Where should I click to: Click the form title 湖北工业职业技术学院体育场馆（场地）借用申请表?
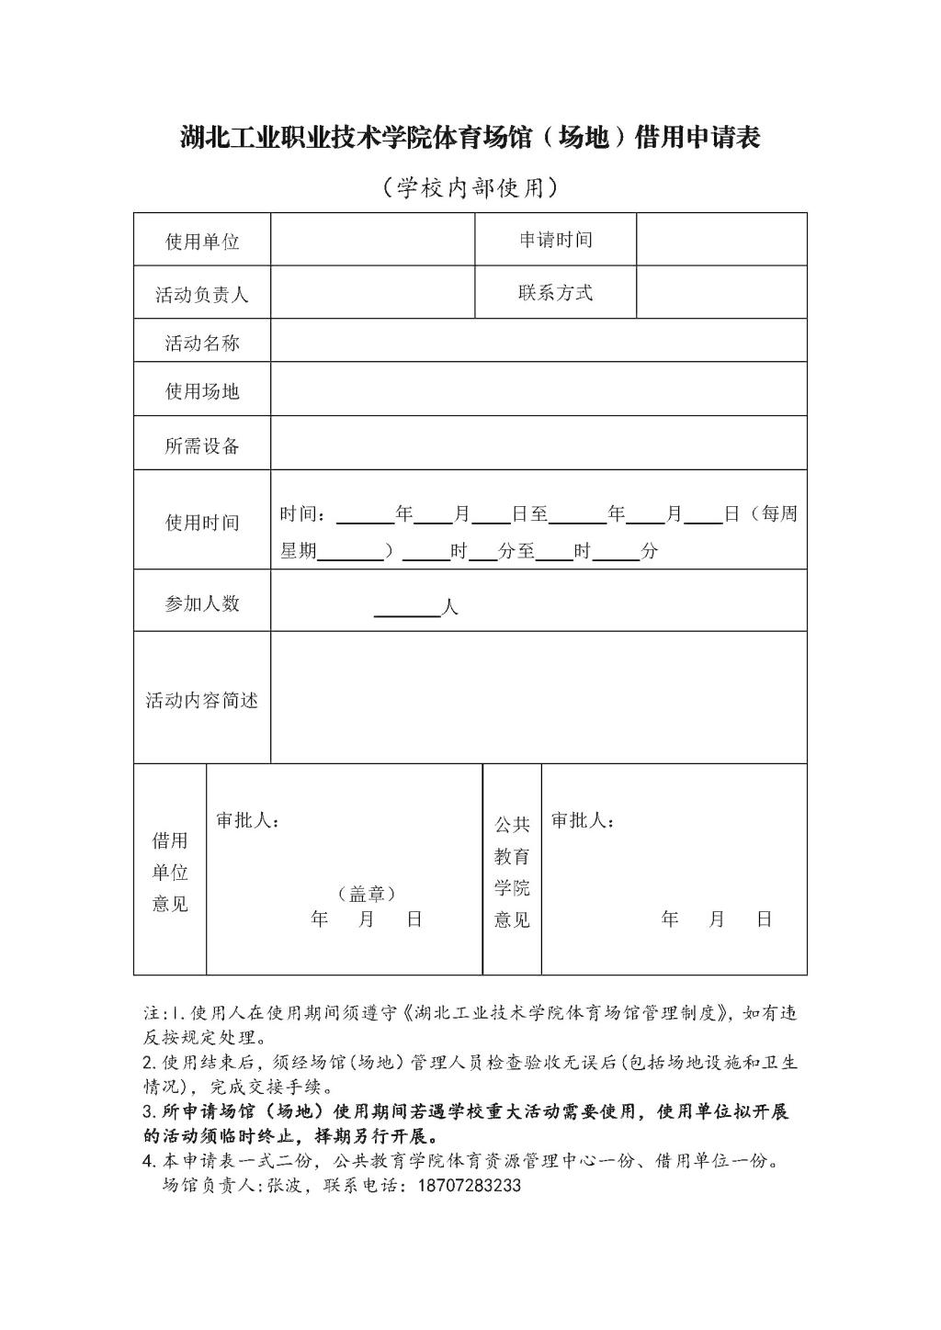(x=470, y=139)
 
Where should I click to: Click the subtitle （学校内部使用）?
(x=470, y=188)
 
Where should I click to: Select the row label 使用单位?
(x=202, y=242)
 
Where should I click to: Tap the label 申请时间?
(x=556, y=240)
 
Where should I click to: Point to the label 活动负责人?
(x=202, y=295)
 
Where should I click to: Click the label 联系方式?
(x=556, y=293)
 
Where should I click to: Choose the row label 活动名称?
(x=202, y=344)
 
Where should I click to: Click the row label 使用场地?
(x=202, y=391)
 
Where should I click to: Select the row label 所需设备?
(x=202, y=445)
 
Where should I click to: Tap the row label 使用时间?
(x=202, y=523)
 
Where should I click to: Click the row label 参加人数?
(x=202, y=603)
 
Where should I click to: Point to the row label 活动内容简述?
(x=202, y=701)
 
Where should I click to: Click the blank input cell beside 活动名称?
(x=539, y=341)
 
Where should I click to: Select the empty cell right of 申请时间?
(x=721, y=240)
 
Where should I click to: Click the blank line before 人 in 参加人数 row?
(x=408, y=610)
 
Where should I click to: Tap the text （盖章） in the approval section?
(x=367, y=893)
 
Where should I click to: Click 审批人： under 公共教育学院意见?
(x=584, y=820)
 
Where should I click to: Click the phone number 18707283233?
(x=469, y=1186)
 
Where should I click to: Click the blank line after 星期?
(x=350, y=553)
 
